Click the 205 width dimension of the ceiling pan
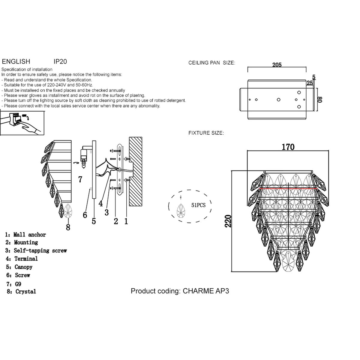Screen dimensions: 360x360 [277, 65]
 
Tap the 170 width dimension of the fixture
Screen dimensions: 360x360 [288, 147]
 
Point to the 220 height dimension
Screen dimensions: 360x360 [229, 221]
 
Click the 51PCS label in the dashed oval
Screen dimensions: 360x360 [198, 205]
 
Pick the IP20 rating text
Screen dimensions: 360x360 [60, 61]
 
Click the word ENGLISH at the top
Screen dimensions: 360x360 [16, 61]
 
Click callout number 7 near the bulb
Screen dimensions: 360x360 [80, 179]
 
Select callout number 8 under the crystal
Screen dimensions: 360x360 [68, 227]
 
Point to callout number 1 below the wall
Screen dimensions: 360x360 [126, 221]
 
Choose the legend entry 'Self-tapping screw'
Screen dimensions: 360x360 [40, 250]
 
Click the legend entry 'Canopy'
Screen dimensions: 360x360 [23, 267]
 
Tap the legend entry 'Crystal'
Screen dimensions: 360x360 [25, 291]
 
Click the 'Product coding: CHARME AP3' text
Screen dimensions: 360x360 [180, 291]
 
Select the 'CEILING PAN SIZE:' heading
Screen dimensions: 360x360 [211, 63]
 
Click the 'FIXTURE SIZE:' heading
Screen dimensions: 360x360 [206, 133]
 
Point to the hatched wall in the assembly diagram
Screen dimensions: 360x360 [136, 171]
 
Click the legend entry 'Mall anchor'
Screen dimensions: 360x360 [29, 235]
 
